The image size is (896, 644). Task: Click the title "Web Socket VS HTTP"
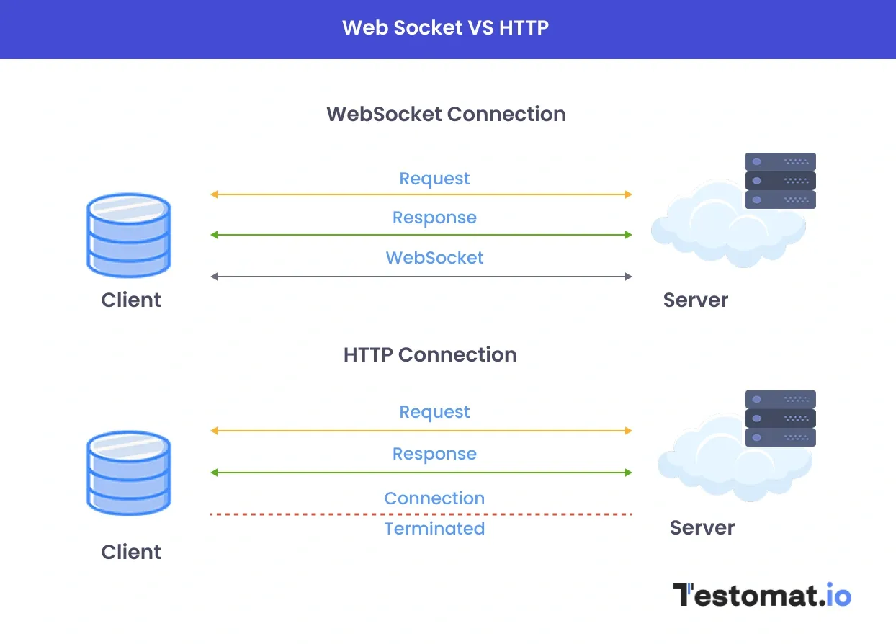tap(445, 28)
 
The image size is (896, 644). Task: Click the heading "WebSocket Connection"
tap(446, 114)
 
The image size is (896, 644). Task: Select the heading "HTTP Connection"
tap(430, 354)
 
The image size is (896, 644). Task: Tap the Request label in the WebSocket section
tap(434, 179)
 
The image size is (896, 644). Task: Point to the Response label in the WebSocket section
tap(434, 218)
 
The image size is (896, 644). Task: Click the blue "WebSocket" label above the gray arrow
tap(434, 258)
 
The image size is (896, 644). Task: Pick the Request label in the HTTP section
tap(434, 412)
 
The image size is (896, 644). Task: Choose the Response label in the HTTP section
tap(434, 454)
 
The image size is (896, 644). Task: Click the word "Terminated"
tap(434, 529)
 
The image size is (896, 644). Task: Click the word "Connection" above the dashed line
tap(434, 498)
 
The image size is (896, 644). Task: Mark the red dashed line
tap(421, 514)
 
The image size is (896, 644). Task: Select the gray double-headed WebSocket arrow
tap(421, 277)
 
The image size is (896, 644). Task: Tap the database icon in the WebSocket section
tap(129, 235)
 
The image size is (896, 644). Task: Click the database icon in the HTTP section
tap(129, 473)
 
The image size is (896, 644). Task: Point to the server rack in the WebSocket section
tap(780, 180)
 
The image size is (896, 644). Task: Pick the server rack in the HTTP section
tap(780, 419)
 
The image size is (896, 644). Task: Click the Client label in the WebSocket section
tap(131, 300)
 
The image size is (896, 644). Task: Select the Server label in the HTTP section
tap(702, 527)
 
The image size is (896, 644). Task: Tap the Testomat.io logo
tap(762, 595)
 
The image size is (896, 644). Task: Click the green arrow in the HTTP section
tap(421, 473)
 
